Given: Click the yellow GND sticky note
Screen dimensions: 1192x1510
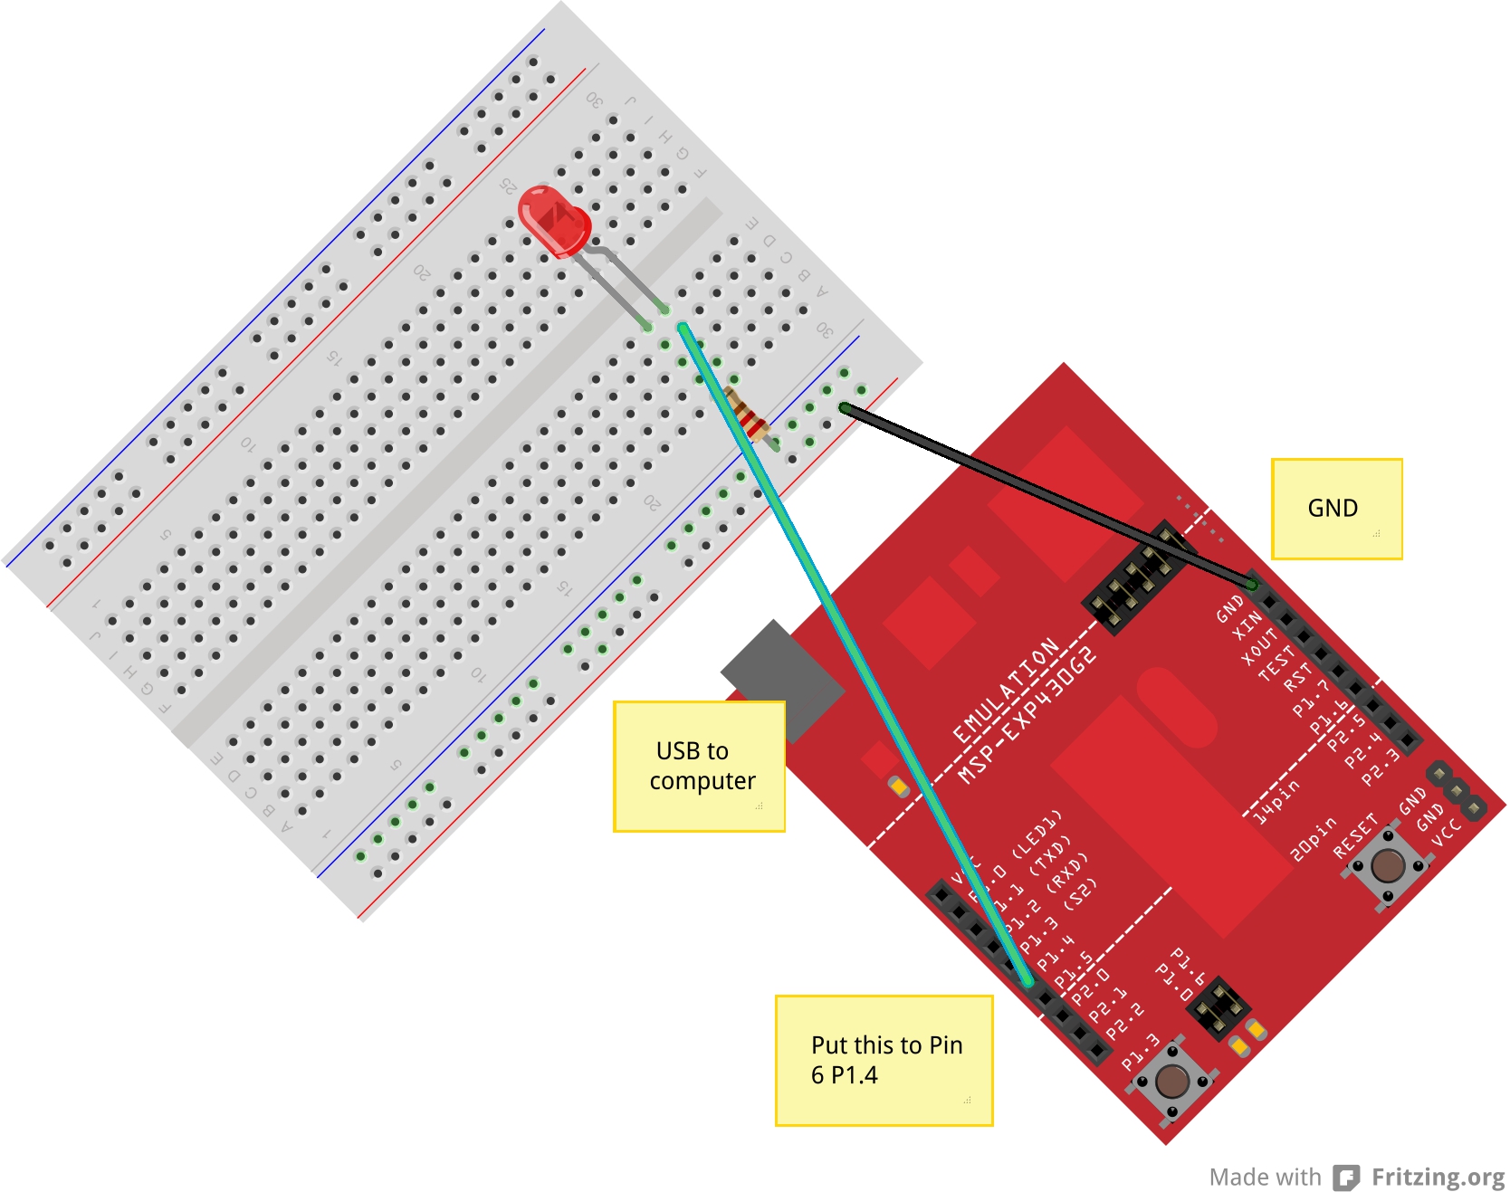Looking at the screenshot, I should point(1336,509).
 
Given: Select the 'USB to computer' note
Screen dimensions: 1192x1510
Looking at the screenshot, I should point(699,766).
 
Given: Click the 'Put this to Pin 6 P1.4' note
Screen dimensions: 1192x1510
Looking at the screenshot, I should point(884,1060).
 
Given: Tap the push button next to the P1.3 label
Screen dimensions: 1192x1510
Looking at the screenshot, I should point(1172,1080).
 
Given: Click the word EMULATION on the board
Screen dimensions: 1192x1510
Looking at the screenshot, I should point(1006,690).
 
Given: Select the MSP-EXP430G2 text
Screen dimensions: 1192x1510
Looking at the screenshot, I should point(1027,715).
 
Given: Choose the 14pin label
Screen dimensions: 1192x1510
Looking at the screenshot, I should point(1276,801).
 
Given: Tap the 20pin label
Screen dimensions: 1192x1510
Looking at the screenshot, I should point(1313,839).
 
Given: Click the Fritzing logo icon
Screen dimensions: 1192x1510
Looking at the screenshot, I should point(1347,1177).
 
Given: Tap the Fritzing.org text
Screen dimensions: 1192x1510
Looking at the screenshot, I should point(1438,1177).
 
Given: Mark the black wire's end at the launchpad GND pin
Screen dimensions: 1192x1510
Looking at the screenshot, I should point(1252,584).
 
